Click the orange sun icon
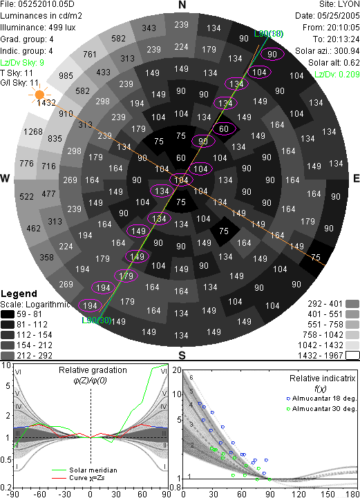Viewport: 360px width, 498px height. click(x=39, y=95)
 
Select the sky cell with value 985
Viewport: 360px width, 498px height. click(x=66, y=76)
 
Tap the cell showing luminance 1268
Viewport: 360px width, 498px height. click(x=33, y=131)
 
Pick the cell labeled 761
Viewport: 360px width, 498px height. click(x=90, y=55)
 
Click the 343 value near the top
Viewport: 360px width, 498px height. click(x=149, y=28)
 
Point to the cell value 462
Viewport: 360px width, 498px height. click(x=33, y=228)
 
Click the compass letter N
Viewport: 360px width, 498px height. click(x=182, y=5)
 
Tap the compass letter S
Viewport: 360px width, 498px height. click(x=182, y=355)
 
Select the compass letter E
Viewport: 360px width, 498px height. click(x=356, y=178)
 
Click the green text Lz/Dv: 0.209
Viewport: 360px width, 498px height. click(x=337, y=75)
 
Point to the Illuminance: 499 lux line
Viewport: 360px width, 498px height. click(x=38, y=28)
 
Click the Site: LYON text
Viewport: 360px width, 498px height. click(x=339, y=4)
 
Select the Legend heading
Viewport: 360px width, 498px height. click(x=19, y=294)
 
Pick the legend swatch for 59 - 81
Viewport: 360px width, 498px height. click(x=8, y=314)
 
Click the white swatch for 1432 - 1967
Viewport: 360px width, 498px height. click(x=352, y=356)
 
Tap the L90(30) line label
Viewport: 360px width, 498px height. click(x=97, y=320)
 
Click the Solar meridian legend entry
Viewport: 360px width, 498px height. click(x=85, y=470)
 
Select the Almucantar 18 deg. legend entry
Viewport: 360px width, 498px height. click(x=321, y=399)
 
